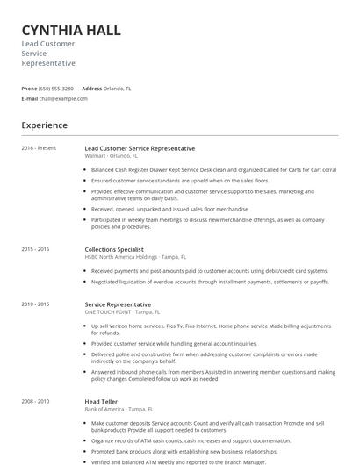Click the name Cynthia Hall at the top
click(x=71, y=31)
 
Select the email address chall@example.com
click(x=63, y=98)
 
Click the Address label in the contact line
click(x=91, y=89)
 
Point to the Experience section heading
click(x=45, y=125)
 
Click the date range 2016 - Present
click(x=39, y=148)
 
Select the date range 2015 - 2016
click(x=36, y=249)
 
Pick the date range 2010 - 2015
click(x=36, y=304)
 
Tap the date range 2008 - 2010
click(x=36, y=401)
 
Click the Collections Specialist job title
click(x=113, y=249)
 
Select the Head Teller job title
click(x=102, y=401)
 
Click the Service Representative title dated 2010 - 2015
click(x=118, y=304)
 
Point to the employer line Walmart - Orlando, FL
click(x=113, y=155)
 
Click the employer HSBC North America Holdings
click(x=121, y=256)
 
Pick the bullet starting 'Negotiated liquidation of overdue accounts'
click(x=210, y=282)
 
